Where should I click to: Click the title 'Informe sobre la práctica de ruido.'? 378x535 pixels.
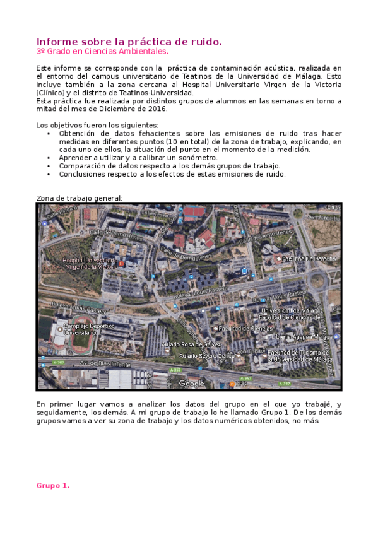pos(129,42)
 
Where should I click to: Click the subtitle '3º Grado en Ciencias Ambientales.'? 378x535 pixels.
pos(102,51)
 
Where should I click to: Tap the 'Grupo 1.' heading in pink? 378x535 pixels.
pos(52,486)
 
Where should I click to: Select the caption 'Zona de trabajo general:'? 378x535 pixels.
pos(79,198)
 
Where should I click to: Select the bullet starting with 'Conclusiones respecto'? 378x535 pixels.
pos(172,174)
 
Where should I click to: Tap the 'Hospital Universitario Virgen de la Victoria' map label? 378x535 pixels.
pos(90,263)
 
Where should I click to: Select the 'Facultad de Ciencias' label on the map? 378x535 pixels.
pos(245,328)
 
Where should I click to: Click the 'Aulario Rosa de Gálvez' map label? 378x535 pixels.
pos(191,344)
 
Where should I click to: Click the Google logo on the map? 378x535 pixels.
pos(191,383)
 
